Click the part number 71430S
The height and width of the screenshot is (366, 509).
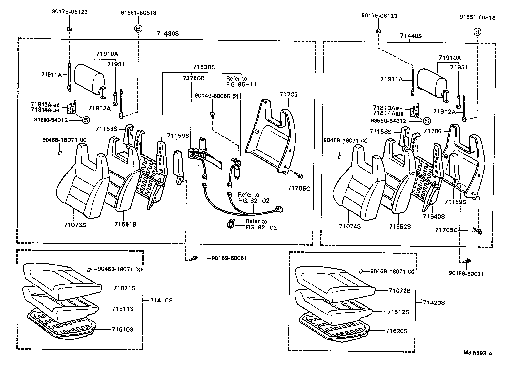click(x=167, y=34)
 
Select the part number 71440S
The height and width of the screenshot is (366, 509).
click(x=411, y=36)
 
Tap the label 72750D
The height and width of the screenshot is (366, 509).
click(x=193, y=79)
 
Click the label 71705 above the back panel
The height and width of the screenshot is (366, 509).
click(x=289, y=95)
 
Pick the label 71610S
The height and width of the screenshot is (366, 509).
click(x=122, y=329)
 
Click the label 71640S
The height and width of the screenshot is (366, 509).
click(x=434, y=216)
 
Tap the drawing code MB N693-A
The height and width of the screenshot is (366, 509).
click(x=478, y=353)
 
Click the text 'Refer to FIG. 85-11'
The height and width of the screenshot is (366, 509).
click(x=241, y=82)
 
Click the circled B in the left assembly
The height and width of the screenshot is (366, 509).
click(x=138, y=29)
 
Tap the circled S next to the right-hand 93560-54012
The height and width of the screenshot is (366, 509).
click(x=427, y=121)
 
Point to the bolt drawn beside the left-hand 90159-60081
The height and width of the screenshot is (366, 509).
click(x=193, y=258)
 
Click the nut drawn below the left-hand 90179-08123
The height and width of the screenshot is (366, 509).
click(x=69, y=29)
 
